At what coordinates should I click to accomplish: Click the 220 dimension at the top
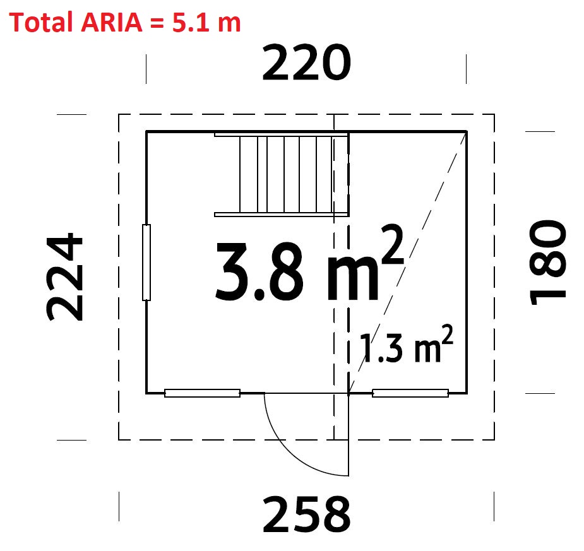tap(307, 62)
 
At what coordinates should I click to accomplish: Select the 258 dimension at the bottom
tap(307, 514)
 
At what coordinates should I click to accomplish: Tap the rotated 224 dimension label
tap(65, 276)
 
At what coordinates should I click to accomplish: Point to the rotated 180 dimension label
tap(547, 263)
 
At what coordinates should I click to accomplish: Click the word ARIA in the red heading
tap(111, 22)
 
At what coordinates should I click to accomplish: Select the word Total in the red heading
tap(41, 22)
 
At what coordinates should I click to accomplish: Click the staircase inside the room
tap(282, 174)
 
